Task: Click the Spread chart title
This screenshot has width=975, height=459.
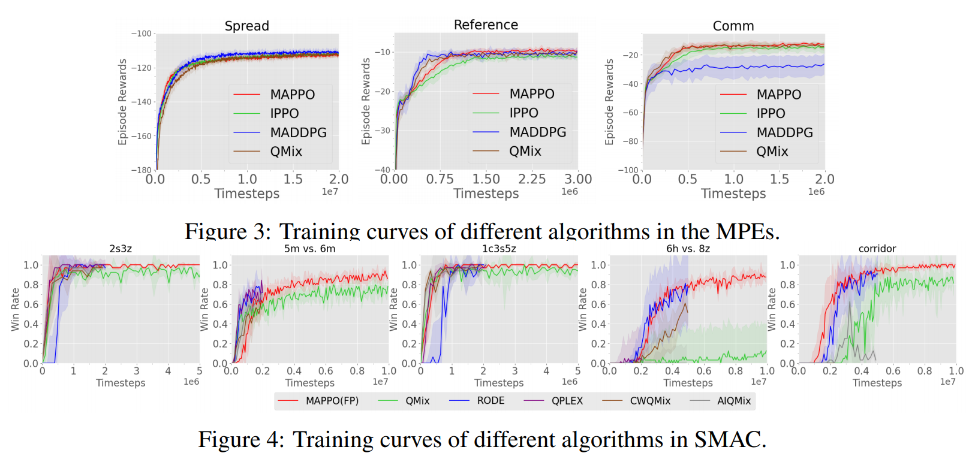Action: pyautogui.click(x=246, y=26)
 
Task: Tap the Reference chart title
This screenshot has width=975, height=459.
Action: pyautogui.click(x=486, y=25)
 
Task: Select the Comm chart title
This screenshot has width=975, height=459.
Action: pyautogui.click(x=733, y=26)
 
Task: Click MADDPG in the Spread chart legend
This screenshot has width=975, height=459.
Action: pyautogui.click(x=298, y=132)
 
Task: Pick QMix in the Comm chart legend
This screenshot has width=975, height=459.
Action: pyautogui.click(x=772, y=152)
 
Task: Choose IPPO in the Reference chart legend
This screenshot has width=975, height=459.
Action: pyautogui.click(x=523, y=113)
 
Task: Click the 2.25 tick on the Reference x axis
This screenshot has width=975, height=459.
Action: pyautogui.click(x=532, y=179)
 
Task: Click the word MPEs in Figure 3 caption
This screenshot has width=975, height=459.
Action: pyautogui.click(x=748, y=231)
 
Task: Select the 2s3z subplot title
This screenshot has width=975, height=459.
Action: pyautogui.click(x=121, y=249)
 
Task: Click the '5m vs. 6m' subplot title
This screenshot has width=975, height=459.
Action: pyautogui.click(x=309, y=249)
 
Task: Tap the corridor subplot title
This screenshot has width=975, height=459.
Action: pyautogui.click(x=877, y=249)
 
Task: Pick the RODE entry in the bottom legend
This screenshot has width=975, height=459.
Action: pyautogui.click(x=490, y=401)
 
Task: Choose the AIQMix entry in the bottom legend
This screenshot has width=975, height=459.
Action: pyautogui.click(x=734, y=401)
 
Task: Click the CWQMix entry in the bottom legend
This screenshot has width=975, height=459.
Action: pyautogui.click(x=650, y=401)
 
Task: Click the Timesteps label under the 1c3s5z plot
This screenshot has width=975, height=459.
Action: pyautogui.click(x=499, y=383)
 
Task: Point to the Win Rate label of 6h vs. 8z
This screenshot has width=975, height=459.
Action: pyautogui.click(x=582, y=309)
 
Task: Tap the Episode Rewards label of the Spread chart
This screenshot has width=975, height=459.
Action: pyautogui.click(x=123, y=102)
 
